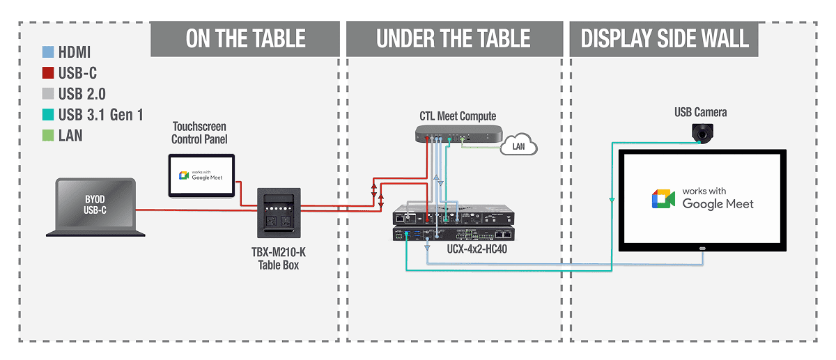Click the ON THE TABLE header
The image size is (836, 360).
245,38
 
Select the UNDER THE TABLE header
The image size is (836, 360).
454,38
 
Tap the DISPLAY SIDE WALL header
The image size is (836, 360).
665,38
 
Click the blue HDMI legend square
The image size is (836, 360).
47,53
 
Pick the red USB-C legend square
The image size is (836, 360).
47,73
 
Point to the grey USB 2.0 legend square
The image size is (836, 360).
47,94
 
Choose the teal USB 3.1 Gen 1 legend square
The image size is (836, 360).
47,115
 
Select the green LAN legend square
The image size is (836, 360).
47,135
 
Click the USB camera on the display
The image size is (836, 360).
701,132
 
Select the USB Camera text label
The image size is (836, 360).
700,112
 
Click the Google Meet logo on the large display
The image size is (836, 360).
663,198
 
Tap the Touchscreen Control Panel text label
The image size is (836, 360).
200,133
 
